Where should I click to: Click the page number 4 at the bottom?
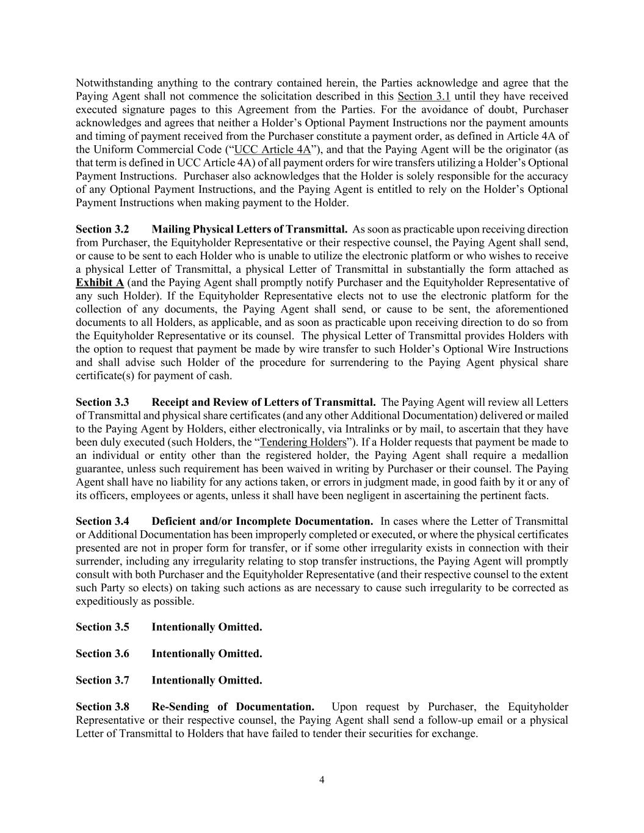(x=322, y=779)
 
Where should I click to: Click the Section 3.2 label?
(x=103, y=229)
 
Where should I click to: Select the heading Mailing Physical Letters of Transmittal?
(x=250, y=229)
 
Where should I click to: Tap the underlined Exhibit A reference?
(x=99, y=283)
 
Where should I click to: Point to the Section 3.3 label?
(x=103, y=403)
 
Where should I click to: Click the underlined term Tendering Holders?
(x=303, y=442)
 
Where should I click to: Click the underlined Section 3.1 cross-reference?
(x=424, y=96)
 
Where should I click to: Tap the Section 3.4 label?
(x=103, y=522)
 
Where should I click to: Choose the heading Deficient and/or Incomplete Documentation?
(x=262, y=522)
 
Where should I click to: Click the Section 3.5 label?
(x=103, y=627)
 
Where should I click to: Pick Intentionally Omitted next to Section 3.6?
(x=207, y=654)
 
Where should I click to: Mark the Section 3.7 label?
(x=103, y=680)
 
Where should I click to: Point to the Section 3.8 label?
(x=103, y=707)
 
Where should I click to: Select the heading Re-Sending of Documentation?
(x=233, y=707)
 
